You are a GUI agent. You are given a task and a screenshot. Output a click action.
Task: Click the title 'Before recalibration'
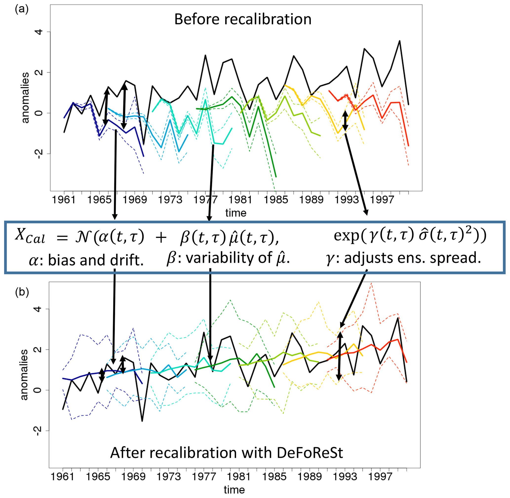tap(243, 19)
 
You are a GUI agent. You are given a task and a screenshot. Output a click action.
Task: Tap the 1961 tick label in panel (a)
tap(64, 200)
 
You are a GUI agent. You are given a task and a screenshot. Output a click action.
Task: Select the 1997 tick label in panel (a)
tap(382, 200)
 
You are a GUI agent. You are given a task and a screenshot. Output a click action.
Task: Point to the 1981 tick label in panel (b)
tap(239, 477)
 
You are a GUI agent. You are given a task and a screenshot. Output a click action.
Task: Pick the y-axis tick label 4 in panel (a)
tap(39, 32)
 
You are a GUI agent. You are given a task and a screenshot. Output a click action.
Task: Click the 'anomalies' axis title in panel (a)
tap(25, 98)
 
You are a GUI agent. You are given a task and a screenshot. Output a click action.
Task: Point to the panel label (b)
tap(22, 292)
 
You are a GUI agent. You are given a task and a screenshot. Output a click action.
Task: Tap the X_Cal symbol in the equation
tap(29, 236)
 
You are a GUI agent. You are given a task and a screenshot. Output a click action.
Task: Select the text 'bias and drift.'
tap(95, 260)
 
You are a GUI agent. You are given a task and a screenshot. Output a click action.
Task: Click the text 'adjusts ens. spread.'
tap(412, 258)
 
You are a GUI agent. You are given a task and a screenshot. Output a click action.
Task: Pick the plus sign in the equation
tap(161, 238)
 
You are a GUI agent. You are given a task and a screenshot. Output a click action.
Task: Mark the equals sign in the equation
tap(62, 238)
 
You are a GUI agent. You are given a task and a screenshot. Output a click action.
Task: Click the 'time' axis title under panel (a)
tap(236, 213)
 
